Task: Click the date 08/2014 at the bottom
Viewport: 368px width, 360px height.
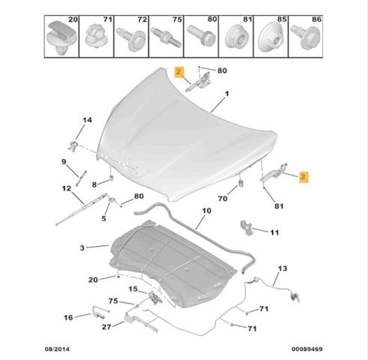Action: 57,349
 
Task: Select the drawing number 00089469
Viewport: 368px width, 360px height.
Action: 307,349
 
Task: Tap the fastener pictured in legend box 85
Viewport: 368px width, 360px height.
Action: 271,37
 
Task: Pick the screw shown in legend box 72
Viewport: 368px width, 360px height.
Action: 131,39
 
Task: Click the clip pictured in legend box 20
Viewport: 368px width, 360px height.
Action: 61,37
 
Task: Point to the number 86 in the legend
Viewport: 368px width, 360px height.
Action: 316,19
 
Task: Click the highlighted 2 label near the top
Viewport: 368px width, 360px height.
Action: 178,72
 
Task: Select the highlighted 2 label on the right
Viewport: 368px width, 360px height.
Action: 304,177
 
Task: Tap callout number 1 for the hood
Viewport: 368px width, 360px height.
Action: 227,94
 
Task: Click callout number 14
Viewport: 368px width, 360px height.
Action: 87,120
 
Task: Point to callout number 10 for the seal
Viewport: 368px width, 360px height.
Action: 207,211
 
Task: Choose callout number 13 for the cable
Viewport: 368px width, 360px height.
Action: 283,268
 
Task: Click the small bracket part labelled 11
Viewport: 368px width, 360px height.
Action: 247,228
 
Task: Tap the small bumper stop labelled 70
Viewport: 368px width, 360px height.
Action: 241,183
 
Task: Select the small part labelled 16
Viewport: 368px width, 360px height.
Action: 98,312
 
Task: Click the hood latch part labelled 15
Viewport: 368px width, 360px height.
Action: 155,297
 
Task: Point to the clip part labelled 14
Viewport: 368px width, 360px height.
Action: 73,145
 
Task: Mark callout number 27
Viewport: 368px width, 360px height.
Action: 106,327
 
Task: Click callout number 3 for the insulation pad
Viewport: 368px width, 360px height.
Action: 82,248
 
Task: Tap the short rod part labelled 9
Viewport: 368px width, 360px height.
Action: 82,178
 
